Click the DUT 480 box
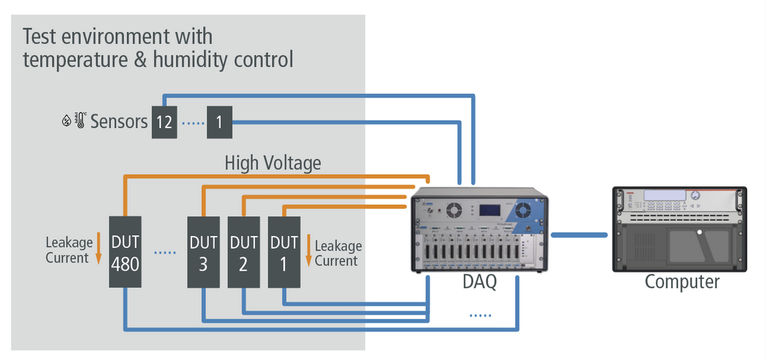pos(125,251)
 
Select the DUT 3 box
pos(203,251)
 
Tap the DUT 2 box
pos(244,251)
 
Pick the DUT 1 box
pos(284,251)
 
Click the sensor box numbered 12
pos(164,123)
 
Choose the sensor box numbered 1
pos(219,123)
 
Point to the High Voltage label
pos(272,164)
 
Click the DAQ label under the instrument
pos(480,283)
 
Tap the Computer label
pos(681,282)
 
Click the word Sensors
pos(119,123)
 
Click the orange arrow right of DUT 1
pos(308,251)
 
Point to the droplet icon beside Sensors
pos(66,122)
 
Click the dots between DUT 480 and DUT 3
pos(164,252)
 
